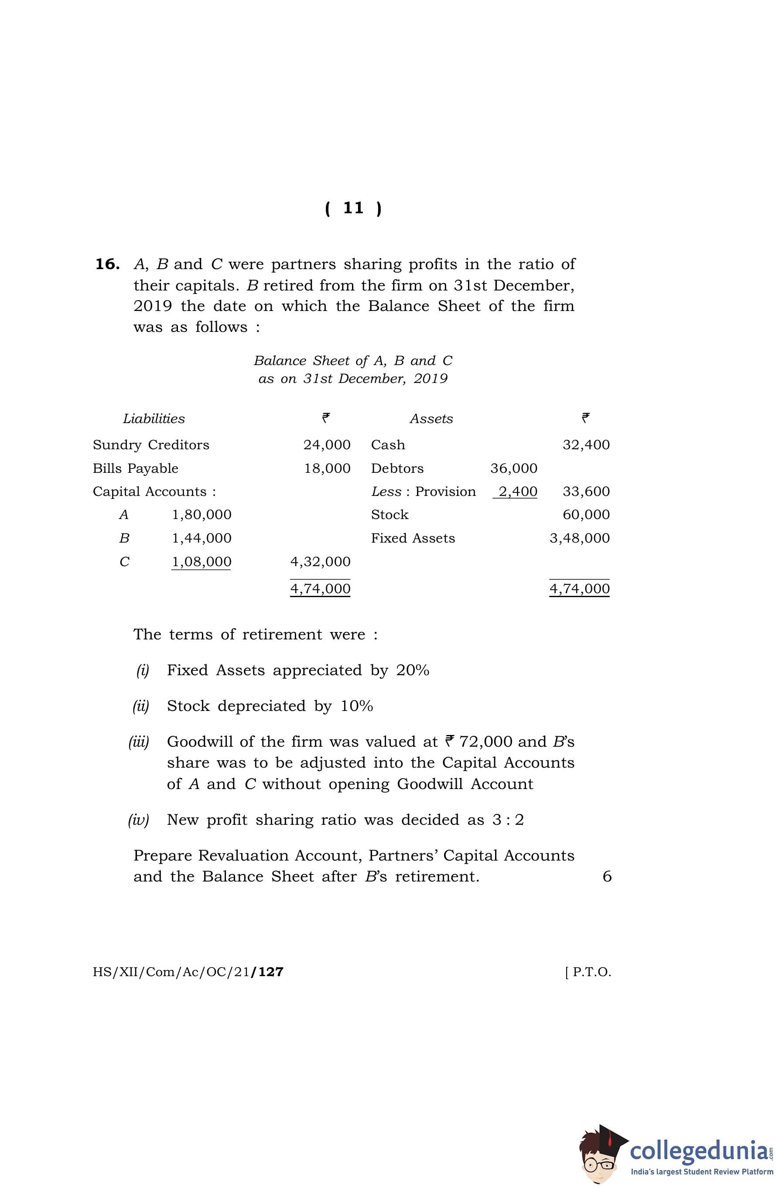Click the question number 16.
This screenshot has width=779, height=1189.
107,264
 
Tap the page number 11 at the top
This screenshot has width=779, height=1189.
353,208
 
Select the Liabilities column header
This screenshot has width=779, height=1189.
154,419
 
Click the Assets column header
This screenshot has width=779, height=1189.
431,419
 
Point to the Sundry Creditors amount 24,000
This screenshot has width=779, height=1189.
327,444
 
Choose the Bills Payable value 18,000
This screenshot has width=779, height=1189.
327,468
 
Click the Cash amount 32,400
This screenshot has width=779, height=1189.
586,444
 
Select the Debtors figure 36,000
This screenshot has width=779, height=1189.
514,468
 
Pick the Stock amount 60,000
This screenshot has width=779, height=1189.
586,515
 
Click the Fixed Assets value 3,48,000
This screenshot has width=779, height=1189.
580,538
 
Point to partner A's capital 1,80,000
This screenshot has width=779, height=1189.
202,515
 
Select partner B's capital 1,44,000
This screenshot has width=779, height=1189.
202,538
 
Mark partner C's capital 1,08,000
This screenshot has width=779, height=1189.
202,561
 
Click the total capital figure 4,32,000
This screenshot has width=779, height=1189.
320,561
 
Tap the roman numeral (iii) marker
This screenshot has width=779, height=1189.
139,742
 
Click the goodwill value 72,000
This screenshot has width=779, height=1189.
486,742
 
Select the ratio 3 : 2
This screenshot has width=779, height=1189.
508,820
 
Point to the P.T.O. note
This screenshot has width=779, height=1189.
588,972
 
